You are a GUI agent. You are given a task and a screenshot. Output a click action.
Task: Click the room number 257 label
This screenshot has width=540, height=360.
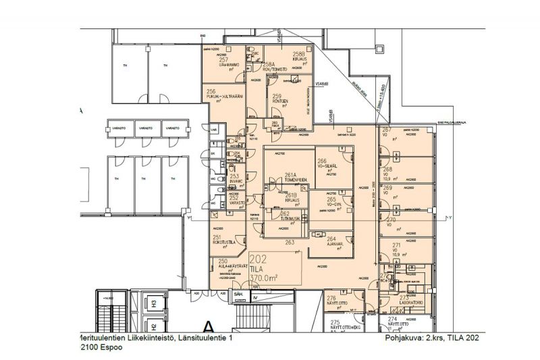pyautogui.click(x=223, y=60)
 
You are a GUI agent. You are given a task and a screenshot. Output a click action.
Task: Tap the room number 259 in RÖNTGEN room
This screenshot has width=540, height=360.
pyautogui.click(x=277, y=97)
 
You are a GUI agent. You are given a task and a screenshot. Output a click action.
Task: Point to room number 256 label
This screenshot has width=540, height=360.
pyautogui.click(x=211, y=91)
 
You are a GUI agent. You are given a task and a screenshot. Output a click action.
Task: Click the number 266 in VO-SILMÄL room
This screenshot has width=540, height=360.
pyautogui.click(x=322, y=161)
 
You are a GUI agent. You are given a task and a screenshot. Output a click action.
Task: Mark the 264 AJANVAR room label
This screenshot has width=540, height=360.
pyautogui.click(x=331, y=239)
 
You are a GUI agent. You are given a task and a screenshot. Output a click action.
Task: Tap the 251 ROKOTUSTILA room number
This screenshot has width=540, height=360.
pyautogui.click(x=217, y=238)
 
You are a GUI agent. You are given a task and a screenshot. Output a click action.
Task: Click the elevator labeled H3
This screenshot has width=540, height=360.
pyautogui.click(x=154, y=305)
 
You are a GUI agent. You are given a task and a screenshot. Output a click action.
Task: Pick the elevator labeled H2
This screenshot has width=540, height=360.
pyautogui.click(x=154, y=326)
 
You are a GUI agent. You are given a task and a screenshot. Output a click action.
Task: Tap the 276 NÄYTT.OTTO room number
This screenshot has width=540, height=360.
pyautogui.click(x=331, y=298)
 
